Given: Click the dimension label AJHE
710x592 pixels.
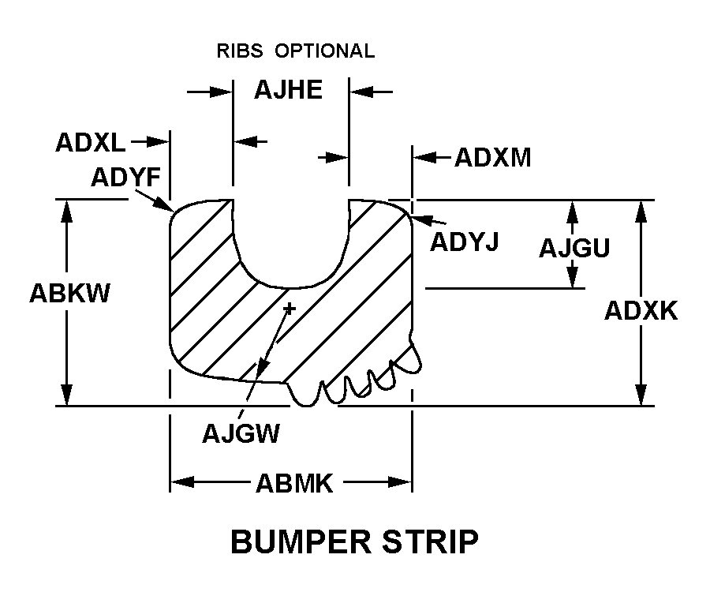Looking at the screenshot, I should tap(288, 90).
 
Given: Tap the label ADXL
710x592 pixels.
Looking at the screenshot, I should tap(89, 143).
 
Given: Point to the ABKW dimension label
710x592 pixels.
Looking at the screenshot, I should tap(69, 293).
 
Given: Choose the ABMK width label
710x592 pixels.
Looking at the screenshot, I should tap(293, 483).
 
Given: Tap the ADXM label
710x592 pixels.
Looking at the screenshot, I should tap(492, 158).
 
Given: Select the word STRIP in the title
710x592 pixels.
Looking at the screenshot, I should tap(432, 543).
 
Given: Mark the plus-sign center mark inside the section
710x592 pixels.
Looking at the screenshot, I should tap(289, 308).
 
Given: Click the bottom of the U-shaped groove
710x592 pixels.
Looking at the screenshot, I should tap(290, 287).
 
